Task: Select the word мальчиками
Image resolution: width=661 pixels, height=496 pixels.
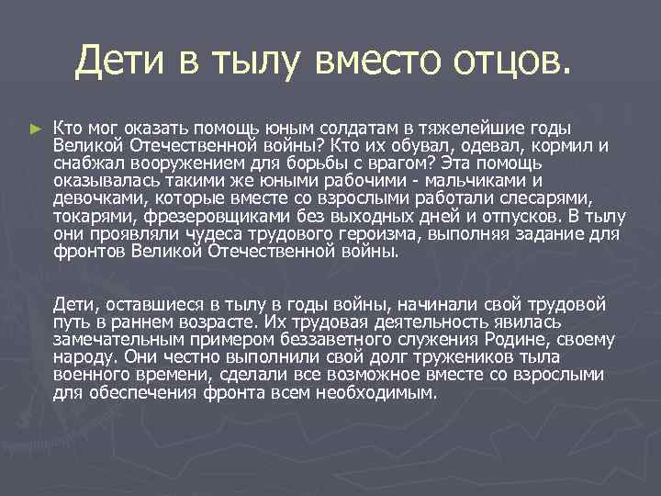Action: pyautogui.click(x=488, y=180)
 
